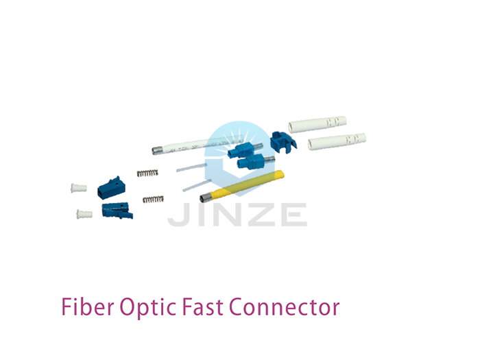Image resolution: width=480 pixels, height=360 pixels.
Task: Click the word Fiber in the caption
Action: tap(88, 307)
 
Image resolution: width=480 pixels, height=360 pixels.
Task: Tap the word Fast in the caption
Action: tap(203, 307)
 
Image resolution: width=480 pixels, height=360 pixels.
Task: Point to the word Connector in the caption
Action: tap(285, 307)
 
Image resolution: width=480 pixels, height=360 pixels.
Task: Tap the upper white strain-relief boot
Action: tap(317, 124)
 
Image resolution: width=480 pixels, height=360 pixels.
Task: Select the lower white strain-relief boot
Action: tap(337, 141)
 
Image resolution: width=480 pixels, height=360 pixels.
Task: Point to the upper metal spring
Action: tap(147, 173)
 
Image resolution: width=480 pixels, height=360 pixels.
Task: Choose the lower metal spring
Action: tap(153, 200)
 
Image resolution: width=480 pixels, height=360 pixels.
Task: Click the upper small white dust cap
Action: tap(79, 188)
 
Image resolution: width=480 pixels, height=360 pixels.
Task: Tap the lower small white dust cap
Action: tap(84, 214)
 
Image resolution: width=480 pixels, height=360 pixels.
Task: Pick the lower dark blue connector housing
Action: tap(117, 210)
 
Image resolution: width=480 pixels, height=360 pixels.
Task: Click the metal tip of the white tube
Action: tap(157, 150)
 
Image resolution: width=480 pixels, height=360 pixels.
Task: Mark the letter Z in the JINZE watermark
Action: tap(259, 215)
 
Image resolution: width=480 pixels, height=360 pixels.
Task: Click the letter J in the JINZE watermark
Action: tap(179, 215)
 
